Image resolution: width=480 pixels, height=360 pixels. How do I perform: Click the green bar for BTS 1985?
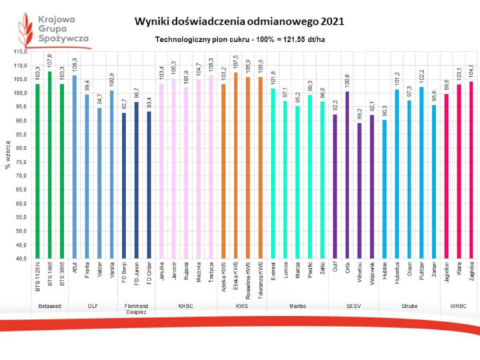[49, 165]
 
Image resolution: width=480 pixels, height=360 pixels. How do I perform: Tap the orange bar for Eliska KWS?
[236, 165]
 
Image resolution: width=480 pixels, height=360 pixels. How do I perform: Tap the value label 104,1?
[471, 73]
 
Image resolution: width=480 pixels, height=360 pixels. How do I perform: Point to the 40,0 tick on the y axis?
[19, 259]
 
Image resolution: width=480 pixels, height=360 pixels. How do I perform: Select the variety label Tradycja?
[211, 273]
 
